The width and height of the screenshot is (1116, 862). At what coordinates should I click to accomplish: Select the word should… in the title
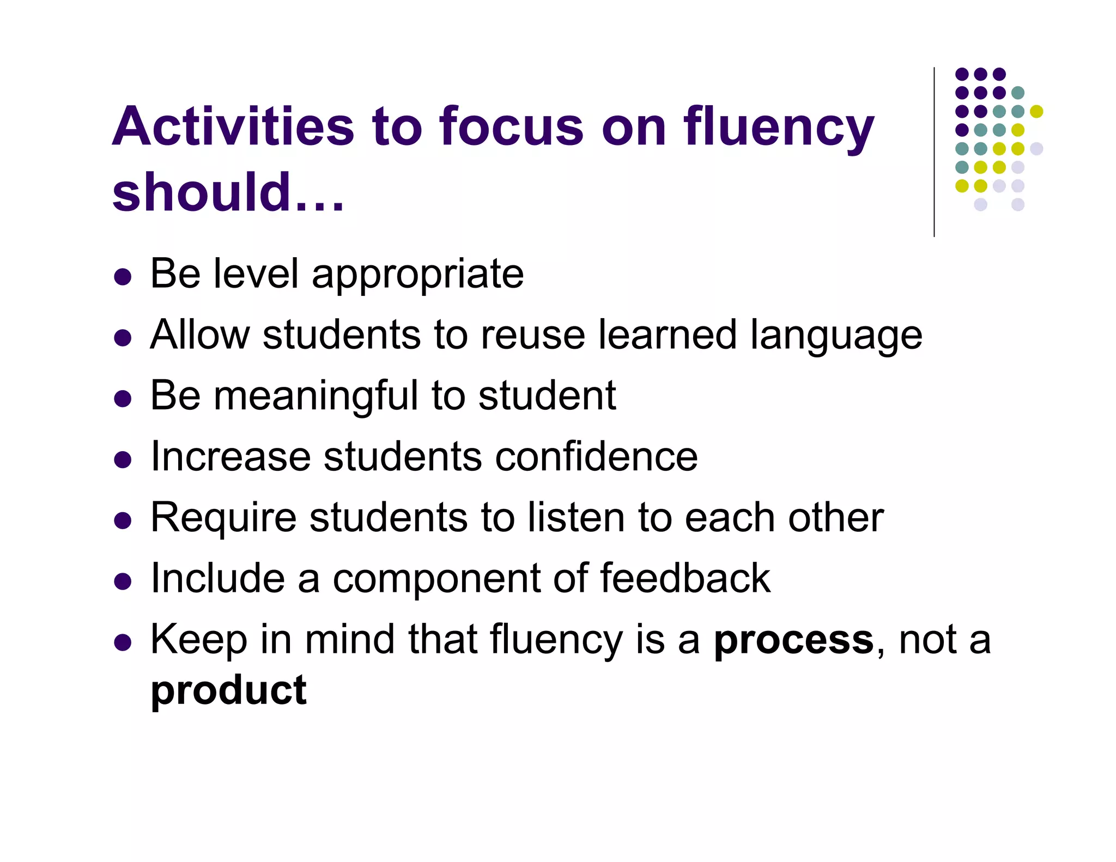click(228, 192)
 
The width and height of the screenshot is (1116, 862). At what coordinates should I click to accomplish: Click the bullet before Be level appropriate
click(123, 277)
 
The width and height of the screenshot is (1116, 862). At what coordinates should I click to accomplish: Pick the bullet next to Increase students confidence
click(123, 460)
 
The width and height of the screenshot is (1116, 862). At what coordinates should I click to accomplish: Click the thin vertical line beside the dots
click(934, 153)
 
